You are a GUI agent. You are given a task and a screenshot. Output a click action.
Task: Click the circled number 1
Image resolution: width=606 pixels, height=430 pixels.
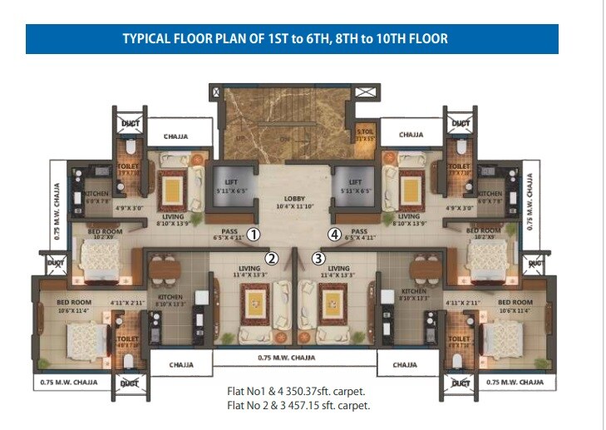pos(254,235)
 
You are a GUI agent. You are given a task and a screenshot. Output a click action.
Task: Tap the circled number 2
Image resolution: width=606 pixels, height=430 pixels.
pos(271,258)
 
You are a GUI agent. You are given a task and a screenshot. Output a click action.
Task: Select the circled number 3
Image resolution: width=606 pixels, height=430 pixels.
pos(318,258)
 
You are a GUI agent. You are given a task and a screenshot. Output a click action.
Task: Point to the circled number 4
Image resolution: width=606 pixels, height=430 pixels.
pos(335,235)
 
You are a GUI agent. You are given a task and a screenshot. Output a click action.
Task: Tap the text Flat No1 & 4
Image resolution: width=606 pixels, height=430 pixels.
pos(253,392)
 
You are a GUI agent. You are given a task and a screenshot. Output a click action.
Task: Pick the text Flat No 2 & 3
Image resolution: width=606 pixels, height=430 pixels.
pos(254,406)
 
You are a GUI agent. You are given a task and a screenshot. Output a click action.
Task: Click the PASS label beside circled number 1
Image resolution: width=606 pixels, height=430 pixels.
pos(229,232)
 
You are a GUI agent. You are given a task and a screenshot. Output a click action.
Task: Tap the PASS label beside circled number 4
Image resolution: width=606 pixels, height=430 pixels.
pos(359,232)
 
